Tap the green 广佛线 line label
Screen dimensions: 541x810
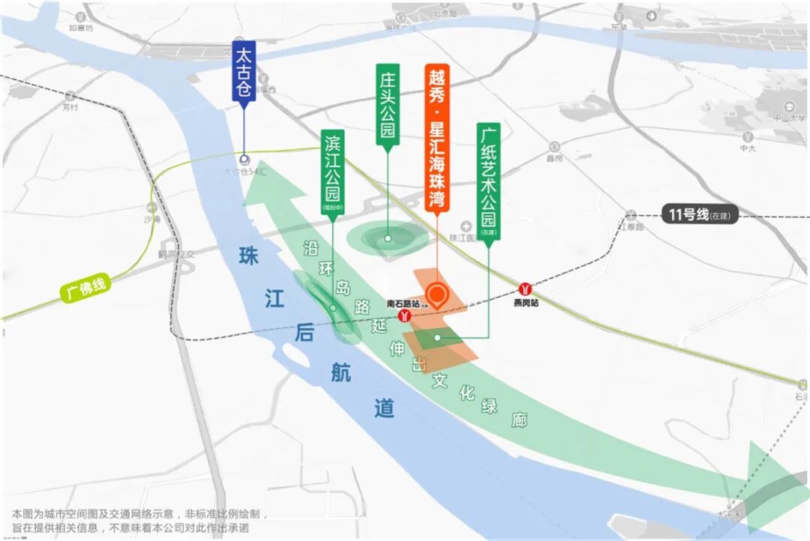85,288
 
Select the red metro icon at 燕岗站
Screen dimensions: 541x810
526,289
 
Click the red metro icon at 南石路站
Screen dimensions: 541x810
406,318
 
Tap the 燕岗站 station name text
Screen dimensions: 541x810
526,303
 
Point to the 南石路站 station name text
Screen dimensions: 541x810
403,303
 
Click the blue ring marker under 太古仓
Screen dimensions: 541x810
244,159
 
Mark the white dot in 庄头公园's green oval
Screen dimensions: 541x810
388,239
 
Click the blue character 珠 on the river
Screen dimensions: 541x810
248,256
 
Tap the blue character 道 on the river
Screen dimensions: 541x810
384,408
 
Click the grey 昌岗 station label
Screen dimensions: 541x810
554,158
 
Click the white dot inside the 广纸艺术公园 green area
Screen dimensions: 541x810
437,338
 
